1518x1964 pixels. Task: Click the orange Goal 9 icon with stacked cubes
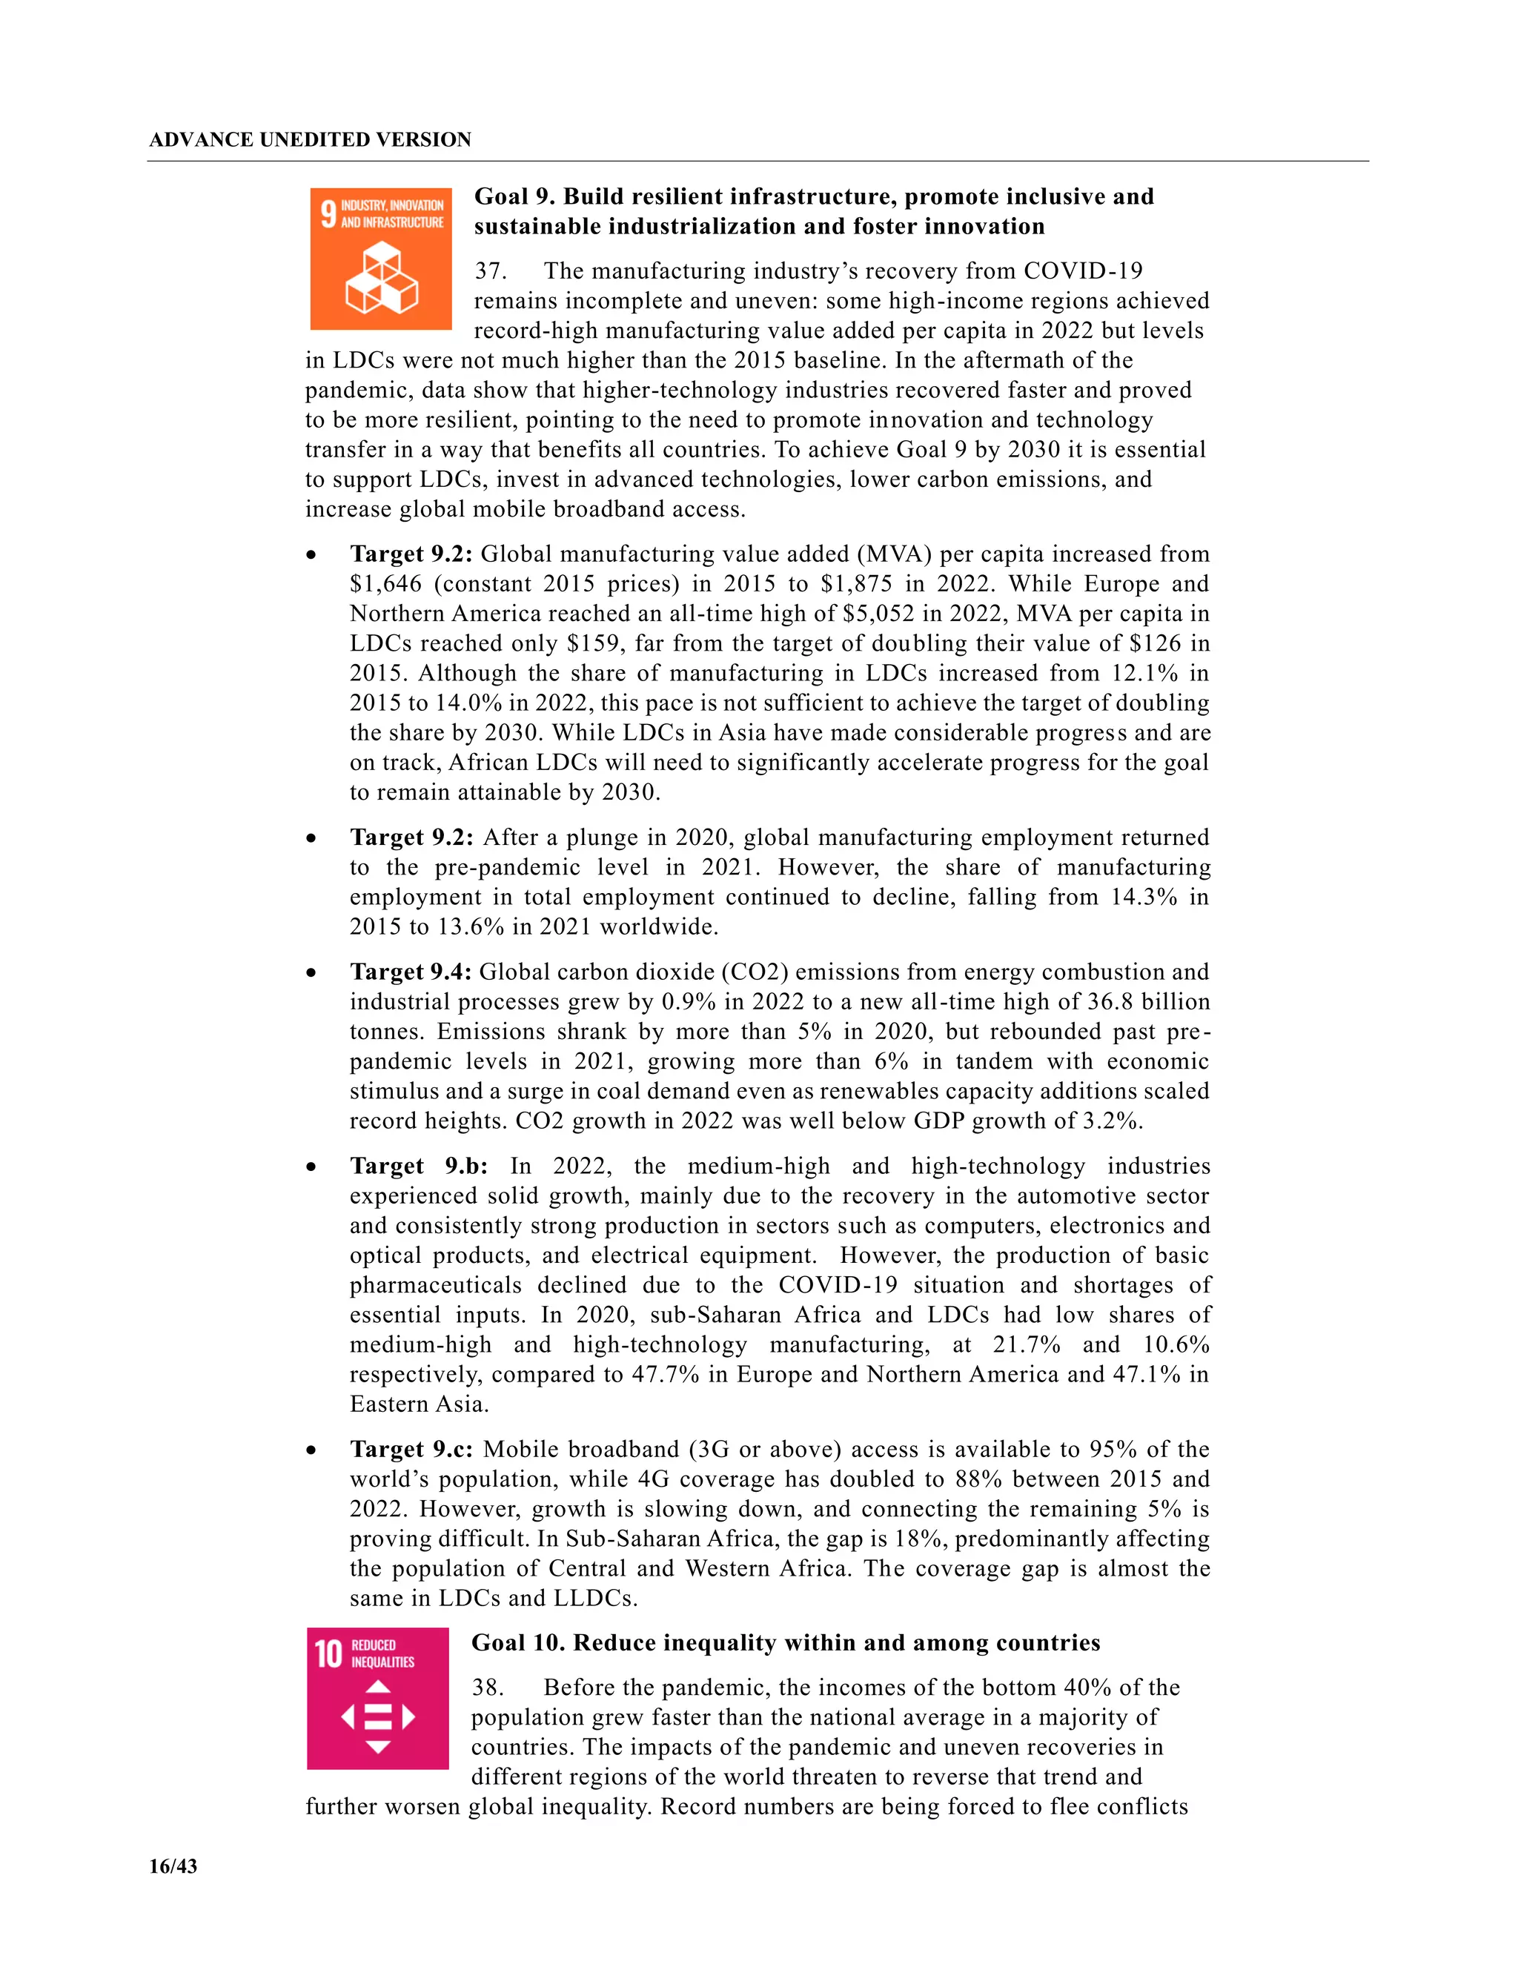coord(380,259)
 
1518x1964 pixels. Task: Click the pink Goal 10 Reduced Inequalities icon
coord(378,1698)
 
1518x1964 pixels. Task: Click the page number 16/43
coord(173,1866)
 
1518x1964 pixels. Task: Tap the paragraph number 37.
coord(490,271)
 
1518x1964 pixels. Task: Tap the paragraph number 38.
coord(488,1687)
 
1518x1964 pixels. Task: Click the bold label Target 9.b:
coord(418,1167)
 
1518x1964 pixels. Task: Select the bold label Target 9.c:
coord(411,1450)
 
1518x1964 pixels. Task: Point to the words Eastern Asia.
coord(418,1404)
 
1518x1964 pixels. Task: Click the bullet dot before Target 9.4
coord(311,974)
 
